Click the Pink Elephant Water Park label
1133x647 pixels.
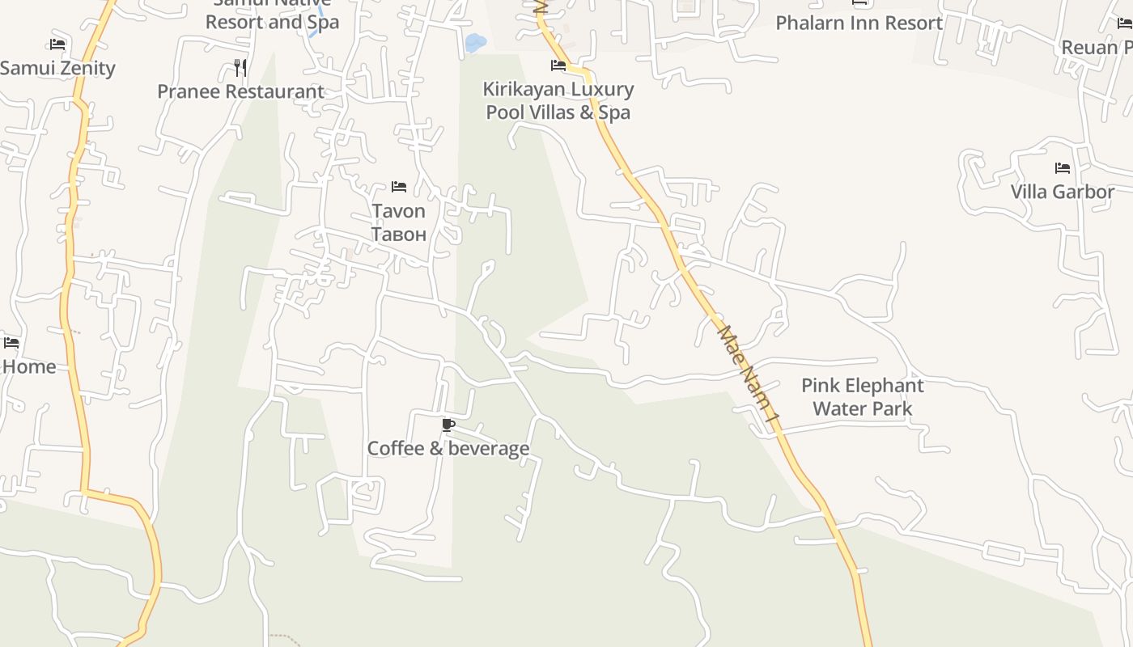point(862,396)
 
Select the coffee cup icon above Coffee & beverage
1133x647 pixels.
point(448,425)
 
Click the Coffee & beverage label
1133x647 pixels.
point(448,448)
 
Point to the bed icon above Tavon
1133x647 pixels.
point(398,187)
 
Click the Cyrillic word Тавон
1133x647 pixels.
point(398,235)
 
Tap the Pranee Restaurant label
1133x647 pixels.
point(240,91)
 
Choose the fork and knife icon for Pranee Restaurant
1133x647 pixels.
point(240,67)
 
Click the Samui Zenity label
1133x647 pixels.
point(57,68)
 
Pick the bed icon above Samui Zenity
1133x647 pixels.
point(57,44)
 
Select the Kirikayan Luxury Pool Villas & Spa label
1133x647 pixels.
point(558,100)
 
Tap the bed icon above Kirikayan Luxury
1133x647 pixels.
point(558,66)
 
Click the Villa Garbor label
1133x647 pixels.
point(1062,192)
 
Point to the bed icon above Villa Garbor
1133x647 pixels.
point(1062,168)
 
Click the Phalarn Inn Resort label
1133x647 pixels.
point(859,23)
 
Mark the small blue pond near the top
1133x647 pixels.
point(475,41)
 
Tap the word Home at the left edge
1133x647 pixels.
point(29,366)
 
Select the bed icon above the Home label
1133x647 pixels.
point(11,343)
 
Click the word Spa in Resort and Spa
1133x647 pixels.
point(323,23)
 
